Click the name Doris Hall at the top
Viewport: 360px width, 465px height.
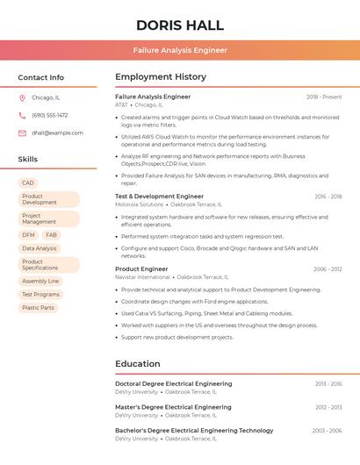180,25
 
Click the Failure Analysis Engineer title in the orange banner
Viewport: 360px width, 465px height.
180,51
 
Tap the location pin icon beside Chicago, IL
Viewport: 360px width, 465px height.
22,98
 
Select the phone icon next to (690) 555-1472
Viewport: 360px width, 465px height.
22,116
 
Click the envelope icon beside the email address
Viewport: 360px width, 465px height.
22,133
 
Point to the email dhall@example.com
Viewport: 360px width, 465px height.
58,133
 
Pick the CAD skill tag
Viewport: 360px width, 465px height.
28,182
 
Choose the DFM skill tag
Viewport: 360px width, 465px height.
29,235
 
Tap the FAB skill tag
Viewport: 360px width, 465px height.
51,235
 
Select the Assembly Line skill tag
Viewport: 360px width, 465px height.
40,281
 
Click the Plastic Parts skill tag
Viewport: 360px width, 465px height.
38,308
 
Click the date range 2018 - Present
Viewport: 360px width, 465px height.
324,97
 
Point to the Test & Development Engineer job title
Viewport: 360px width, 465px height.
159,197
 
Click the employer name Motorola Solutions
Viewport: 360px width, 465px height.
139,204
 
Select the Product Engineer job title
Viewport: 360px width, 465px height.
141,269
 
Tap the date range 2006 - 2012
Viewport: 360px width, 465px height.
328,269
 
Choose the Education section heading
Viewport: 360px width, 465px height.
138,364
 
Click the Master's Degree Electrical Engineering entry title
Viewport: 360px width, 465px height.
173,407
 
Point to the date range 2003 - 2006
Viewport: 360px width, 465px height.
327,431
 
